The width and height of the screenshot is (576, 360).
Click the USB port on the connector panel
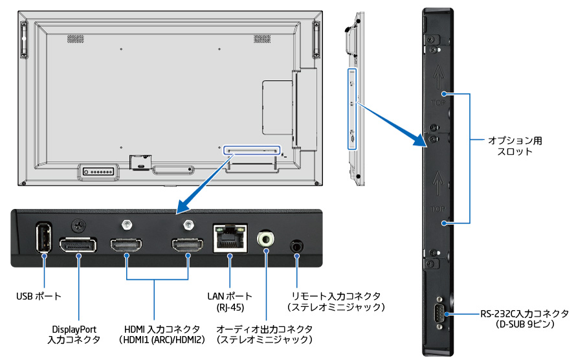coord(43,238)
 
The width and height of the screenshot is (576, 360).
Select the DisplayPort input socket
coord(78,246)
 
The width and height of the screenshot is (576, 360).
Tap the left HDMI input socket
coord(126,246)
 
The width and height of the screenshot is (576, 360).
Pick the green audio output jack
coord(266,240)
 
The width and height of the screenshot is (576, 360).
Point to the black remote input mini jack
coord(296,246)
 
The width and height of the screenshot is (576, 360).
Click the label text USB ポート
coord(39,297)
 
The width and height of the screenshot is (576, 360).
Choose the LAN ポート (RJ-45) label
coord(230,301)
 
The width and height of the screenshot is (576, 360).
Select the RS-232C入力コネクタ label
coord(524,319)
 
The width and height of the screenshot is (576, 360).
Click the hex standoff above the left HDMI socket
coord(126,224)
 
